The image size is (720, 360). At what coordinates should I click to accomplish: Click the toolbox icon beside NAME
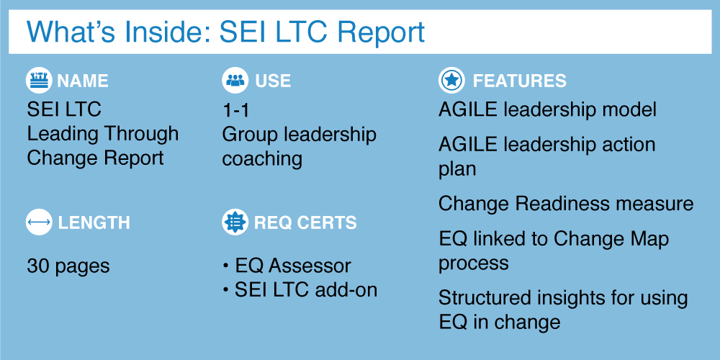tap(39, 81)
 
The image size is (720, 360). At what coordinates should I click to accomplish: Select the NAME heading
tap(83, 81)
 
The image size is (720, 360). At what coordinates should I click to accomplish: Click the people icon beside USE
tap(235, 81)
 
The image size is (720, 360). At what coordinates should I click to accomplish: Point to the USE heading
tap(273, 81)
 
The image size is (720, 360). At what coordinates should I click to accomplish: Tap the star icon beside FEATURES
tap(452, 81)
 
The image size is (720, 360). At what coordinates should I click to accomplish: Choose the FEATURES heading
tap(519, 81)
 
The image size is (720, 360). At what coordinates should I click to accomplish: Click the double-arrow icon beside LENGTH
tap(39, 222)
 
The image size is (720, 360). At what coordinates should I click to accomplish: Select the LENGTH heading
tap(94, 223)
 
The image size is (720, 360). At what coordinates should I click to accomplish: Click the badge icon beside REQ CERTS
tap(235, 222)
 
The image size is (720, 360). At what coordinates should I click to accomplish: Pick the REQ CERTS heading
tap(305, 223)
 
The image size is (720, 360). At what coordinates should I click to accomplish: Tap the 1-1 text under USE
tap(235, 110)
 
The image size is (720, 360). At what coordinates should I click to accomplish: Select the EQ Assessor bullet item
tap(287, 266)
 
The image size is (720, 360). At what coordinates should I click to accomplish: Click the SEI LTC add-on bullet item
tap(300, 290)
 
